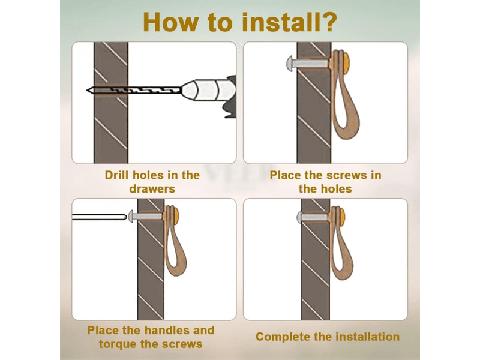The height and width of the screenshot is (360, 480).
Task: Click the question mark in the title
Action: pyautogui.click(x=328, y=22)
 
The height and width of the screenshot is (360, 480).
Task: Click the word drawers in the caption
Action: pyautogui.click(x=152, y=189)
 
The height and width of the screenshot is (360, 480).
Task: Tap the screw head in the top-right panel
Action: pyautogui.click(x=290, y=64)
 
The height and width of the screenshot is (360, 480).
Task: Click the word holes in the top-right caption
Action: pyautogui.click(x=336, y=189)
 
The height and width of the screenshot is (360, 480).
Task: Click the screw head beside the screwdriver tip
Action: pyautogui.click(x=131, y=217)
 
